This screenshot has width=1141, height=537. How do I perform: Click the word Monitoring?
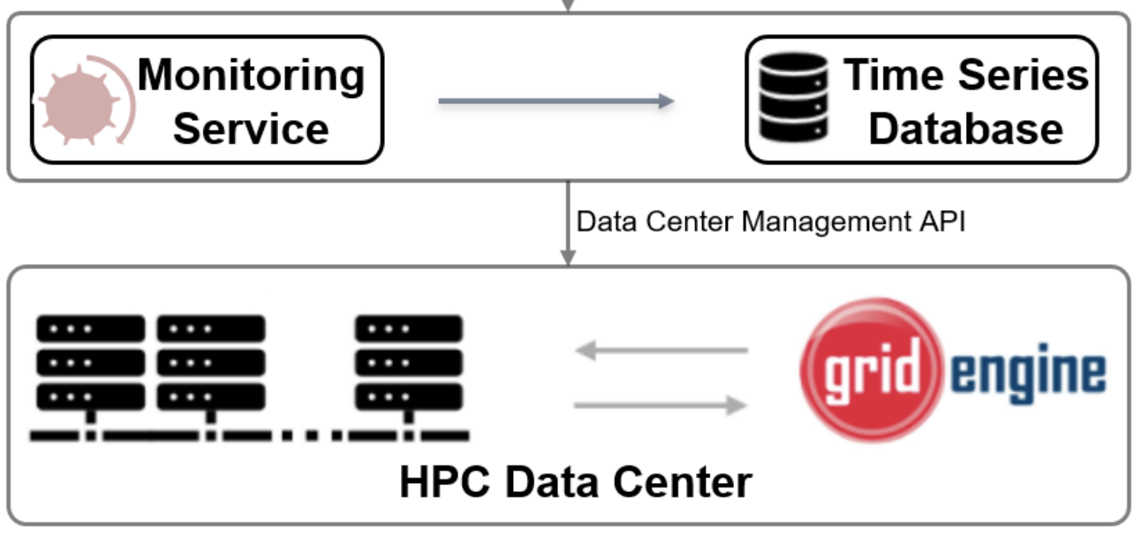click(x=251, y=74)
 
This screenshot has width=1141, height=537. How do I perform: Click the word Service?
click(x=251, y=128)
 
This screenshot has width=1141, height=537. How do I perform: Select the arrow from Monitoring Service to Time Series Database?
click(x=555, y=101)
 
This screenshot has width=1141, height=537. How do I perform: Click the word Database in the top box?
click(x=965, y=128)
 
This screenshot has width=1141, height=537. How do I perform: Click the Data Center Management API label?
click(x=770, y=222)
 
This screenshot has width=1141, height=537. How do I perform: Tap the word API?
click(x=941, y=222)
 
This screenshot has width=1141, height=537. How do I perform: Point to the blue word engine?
click(x=1028, y=373)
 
